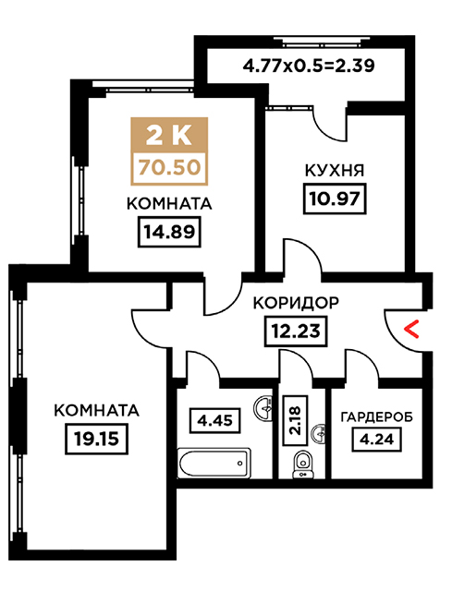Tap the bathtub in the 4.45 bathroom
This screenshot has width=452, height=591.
[x=214, y=463]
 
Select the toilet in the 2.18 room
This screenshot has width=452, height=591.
[x=302, y=464]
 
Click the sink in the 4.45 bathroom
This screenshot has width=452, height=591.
[x=263, y=407]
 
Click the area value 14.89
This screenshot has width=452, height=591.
[x=168, y=232]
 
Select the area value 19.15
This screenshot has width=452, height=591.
[x=96, y=439]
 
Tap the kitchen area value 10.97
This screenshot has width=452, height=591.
[x=335, y=199]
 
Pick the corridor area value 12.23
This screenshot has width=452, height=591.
[x=296, y=331]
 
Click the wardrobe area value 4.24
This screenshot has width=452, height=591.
[x=376, y=440]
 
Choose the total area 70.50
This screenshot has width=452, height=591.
[x=169, y=167]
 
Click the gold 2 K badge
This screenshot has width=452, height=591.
[x=169, y=136]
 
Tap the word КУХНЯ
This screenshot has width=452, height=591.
[x=335, y=170]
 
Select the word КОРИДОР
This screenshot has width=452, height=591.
[x=296, y=303]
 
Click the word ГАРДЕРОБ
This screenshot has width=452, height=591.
[x=376, y=416]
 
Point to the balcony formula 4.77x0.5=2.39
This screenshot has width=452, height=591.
[x=309, y=66]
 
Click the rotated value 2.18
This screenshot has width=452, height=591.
[x=294, y=420]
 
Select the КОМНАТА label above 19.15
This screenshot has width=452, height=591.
[x=96, y=410]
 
